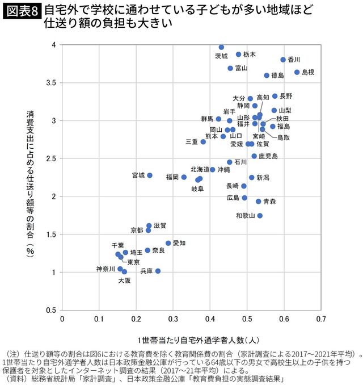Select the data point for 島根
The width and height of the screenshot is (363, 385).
(297, 72)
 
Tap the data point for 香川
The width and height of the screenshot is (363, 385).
(283, 60)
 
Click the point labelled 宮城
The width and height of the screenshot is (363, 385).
(150, 175)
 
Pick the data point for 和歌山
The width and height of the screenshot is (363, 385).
(260, 216)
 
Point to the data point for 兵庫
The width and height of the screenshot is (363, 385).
(158, 271)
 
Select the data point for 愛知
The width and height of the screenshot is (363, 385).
(168, 243)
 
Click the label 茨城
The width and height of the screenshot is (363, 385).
(221, 56)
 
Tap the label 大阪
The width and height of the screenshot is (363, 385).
(124, 281)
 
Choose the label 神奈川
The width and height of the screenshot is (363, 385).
(105, 269)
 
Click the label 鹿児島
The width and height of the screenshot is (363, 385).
(268, 156)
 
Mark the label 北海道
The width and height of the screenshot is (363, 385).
(200, 169)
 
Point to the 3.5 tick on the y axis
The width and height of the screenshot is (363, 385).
(50, 83)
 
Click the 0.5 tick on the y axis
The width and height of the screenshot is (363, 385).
(50, 310)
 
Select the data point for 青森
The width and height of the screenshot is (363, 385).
(258, 202)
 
